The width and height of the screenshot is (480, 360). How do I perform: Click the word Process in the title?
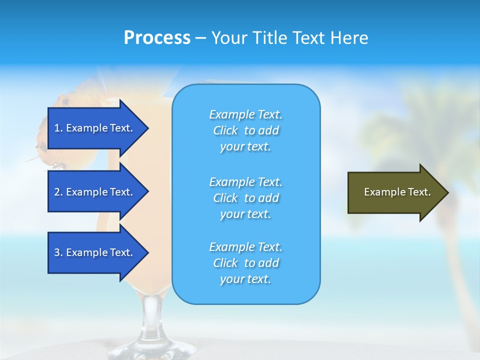157,38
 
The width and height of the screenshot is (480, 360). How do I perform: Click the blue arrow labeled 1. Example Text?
95,128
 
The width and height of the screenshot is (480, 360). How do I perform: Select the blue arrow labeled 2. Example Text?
95,192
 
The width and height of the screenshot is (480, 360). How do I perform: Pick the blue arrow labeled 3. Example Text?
95,252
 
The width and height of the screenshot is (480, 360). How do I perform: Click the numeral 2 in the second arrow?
57,192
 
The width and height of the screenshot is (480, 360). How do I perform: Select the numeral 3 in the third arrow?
57,252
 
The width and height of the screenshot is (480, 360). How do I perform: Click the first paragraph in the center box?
245,130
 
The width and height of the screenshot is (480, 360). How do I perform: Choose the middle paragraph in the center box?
245,198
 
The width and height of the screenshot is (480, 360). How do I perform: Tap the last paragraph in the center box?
245,263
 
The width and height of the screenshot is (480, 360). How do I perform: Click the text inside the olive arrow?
397,192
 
